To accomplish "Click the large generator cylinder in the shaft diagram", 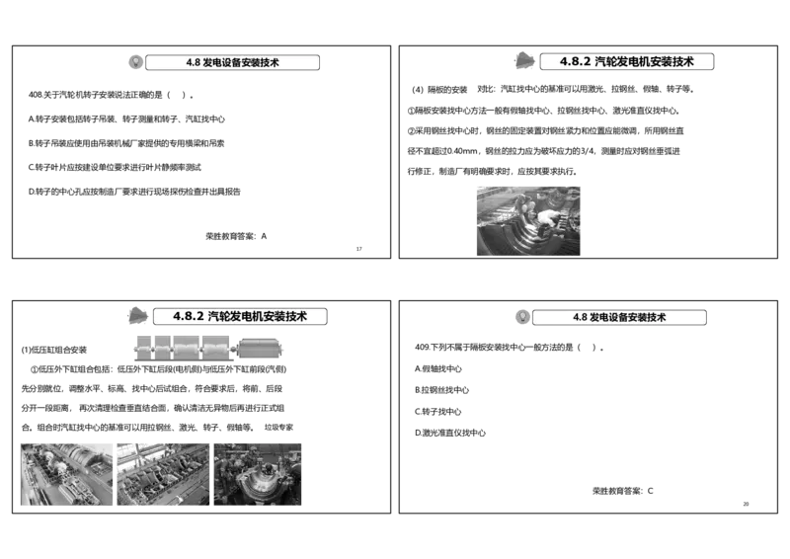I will coord(262,349).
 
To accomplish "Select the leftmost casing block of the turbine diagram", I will coord(151,350).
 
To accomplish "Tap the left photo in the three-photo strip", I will coord(66,474).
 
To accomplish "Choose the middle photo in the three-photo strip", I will coord(163,474).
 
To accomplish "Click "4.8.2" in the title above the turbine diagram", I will coord(188,317).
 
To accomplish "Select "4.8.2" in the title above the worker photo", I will coord(575,61).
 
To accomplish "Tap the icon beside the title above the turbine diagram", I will coord(137,315).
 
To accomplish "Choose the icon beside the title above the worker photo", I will coord(525,60).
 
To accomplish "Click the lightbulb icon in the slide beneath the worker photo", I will coord(521,317).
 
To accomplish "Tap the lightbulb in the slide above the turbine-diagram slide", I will coord(135,62).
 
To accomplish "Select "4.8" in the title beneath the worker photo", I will coord(580,318).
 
